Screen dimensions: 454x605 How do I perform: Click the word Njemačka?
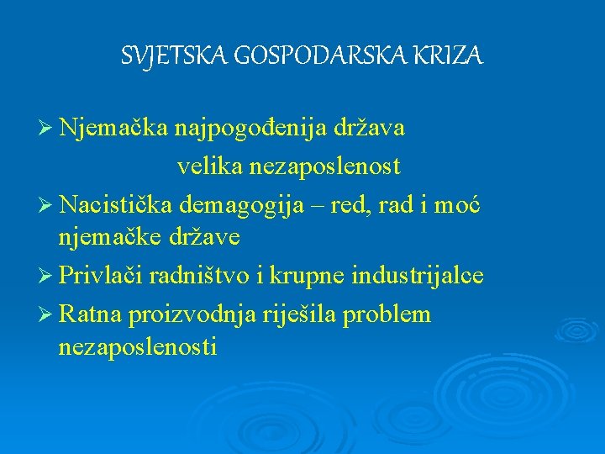click(115, 129)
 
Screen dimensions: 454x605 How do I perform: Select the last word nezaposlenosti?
click(138, 346)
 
